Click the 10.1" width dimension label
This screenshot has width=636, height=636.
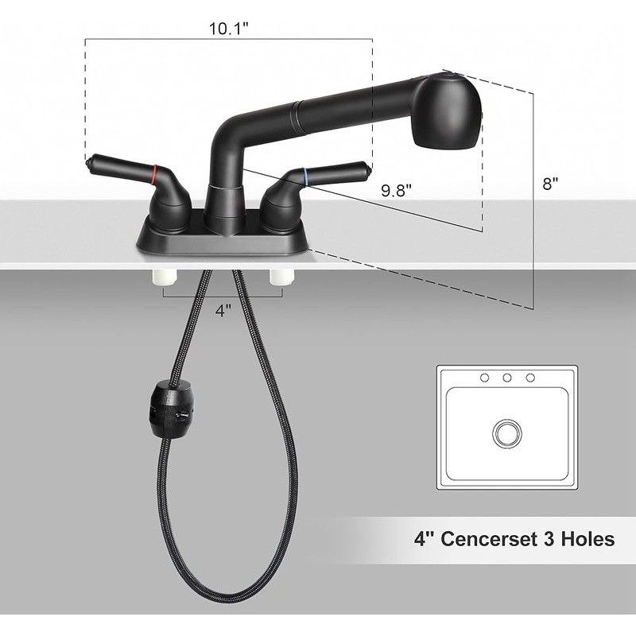click(x=228, y=29)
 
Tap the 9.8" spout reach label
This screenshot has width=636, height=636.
click(x=396, y=190)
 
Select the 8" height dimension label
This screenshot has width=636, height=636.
click(x=550, y=184)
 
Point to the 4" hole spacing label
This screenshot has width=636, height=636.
click(x=223, y=311)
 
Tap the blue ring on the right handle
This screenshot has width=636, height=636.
click(x=306, y=175)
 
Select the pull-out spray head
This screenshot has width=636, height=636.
click(x=447, y=109)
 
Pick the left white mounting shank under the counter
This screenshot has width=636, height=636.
click(x=164, y=277)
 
